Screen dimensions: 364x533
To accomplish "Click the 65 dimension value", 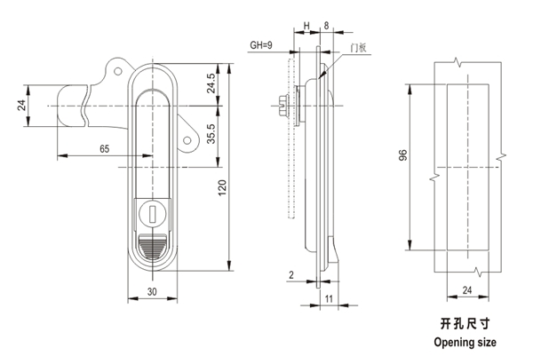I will click(105, 149).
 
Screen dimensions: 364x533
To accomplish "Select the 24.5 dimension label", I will click(211, 84).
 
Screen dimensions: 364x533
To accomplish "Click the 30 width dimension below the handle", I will click(152, 290).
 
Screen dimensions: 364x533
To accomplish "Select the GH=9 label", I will click(261, 44).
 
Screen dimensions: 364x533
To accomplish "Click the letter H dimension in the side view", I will click(306, 27).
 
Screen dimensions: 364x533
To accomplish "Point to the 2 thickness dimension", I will click(290, 275).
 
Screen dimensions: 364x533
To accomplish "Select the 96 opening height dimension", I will click(402, 156).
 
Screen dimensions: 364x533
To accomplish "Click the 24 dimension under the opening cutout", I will click(467, 289).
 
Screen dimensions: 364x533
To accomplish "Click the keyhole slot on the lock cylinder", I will click(151, 214).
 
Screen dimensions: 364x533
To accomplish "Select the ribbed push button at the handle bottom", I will click(152, 248).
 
